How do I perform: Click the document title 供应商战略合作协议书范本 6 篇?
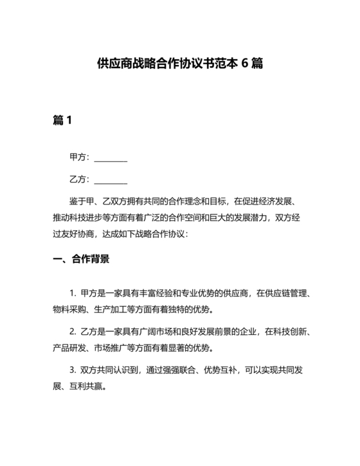click(x=179, y=64)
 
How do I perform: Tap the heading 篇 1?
click(x=62, y=120)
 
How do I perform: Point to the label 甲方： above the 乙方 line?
click(x=80, y=158)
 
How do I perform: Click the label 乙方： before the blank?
click(x=80, y=180)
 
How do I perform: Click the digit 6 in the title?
click(x=246, y=64)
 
